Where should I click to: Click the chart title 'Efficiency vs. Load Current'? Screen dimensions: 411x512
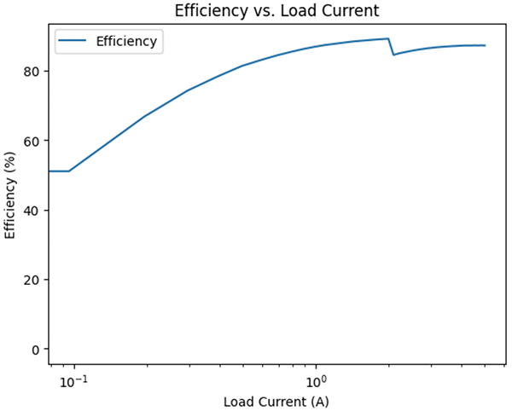[276, 11]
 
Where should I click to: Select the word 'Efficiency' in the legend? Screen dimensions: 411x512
[126, 42]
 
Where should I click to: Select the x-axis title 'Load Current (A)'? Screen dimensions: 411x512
[276, 401]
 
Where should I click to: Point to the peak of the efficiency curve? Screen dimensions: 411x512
[388, 38]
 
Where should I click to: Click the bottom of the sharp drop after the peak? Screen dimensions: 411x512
[393, 55]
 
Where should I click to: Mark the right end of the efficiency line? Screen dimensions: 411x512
[485, 45]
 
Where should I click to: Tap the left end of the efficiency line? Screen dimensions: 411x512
[48, 171]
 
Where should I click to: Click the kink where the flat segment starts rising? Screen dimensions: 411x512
[69, 171]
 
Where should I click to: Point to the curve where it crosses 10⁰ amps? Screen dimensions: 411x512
[317, 46]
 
